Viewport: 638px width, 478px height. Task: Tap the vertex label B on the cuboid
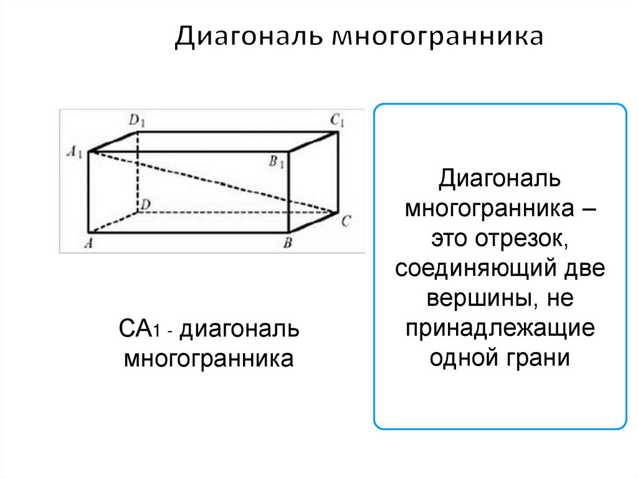[x=288, y=243]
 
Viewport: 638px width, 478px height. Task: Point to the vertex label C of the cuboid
[x=346, y=220]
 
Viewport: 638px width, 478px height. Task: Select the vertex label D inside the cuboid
[x=145, y=204]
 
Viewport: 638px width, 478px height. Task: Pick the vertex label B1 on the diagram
[x=277, y=163]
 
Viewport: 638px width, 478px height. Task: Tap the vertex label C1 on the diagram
[x=337, y=120]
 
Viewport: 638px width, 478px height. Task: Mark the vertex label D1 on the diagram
[x=137, y=120]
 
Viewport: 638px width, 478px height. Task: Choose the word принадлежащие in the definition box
[x=500, y=329]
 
